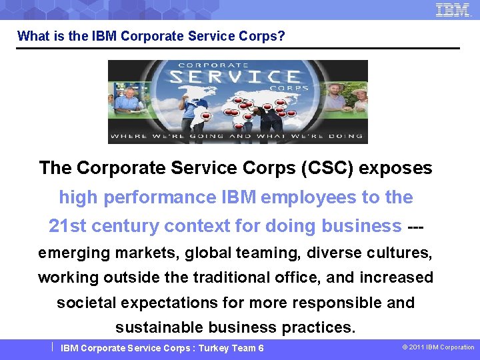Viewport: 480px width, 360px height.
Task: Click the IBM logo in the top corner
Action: click(453, 9)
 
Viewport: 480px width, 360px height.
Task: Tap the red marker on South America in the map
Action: click(205, 116)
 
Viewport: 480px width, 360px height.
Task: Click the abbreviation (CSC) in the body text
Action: click(327, 168)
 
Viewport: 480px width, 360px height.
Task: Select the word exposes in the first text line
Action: click(396, 168)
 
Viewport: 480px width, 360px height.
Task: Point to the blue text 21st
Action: click(67, 226)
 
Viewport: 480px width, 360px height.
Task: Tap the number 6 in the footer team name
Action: click(261, 348)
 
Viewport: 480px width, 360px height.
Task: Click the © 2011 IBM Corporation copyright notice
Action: click(438, 347)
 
